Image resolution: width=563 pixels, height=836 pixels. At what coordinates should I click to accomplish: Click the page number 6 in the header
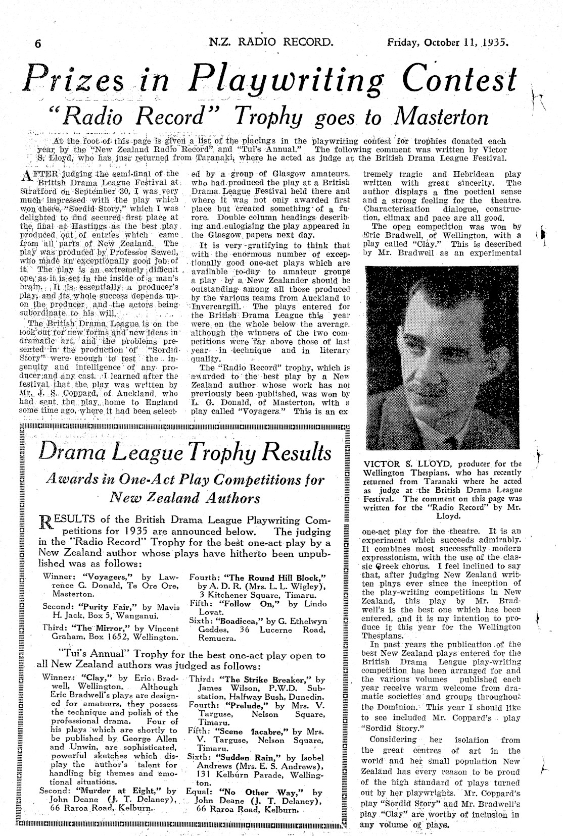point(37,43)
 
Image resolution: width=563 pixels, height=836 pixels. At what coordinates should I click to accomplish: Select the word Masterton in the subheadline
point(440,117)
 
